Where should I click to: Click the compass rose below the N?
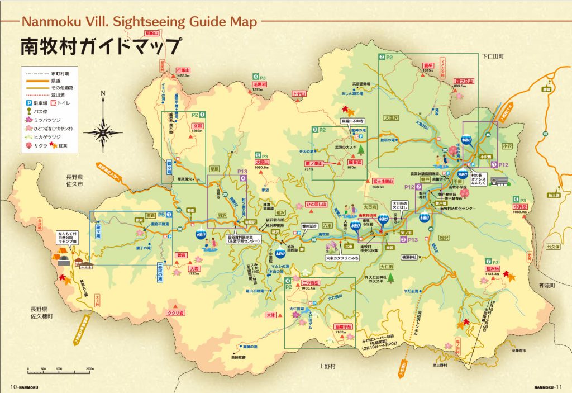pos(103,132)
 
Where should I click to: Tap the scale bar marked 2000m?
pos(59,369)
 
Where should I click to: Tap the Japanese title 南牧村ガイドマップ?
pos(101,46)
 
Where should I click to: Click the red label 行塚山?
pos(183,70)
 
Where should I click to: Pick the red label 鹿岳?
pos(428,65)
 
